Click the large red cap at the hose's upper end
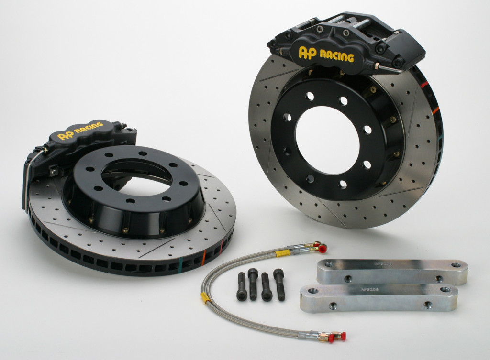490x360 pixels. click(x=323, y=249)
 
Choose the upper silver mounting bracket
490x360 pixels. click(x=391, y=272)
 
